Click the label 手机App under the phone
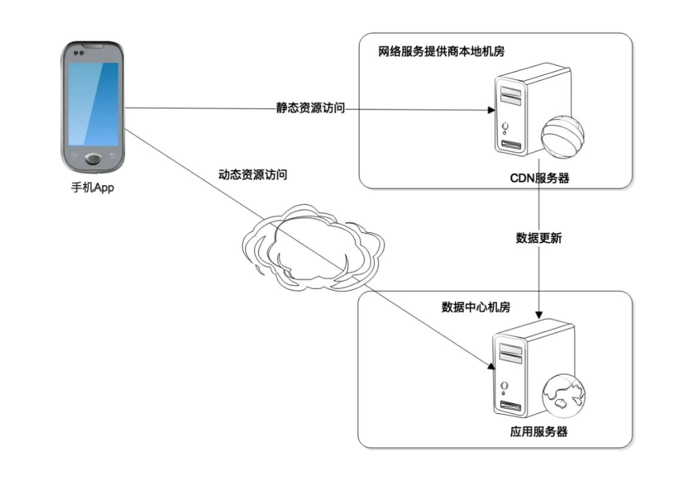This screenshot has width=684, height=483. [x=93, y=188]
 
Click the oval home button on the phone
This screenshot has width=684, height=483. [x=94, y=159]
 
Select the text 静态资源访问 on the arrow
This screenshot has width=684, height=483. [x=311, y=109]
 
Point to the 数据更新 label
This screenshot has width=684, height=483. [x=539, y=238]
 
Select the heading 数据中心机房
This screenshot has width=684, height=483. [x=476, y=307]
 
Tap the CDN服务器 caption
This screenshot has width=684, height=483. [x=539, y=178]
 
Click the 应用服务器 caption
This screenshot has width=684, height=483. [x=539, y=432]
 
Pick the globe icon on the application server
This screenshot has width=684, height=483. [x=562, y=393]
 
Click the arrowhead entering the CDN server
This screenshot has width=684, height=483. [x=491, y=109]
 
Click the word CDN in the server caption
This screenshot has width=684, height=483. [x=523, y=178]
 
